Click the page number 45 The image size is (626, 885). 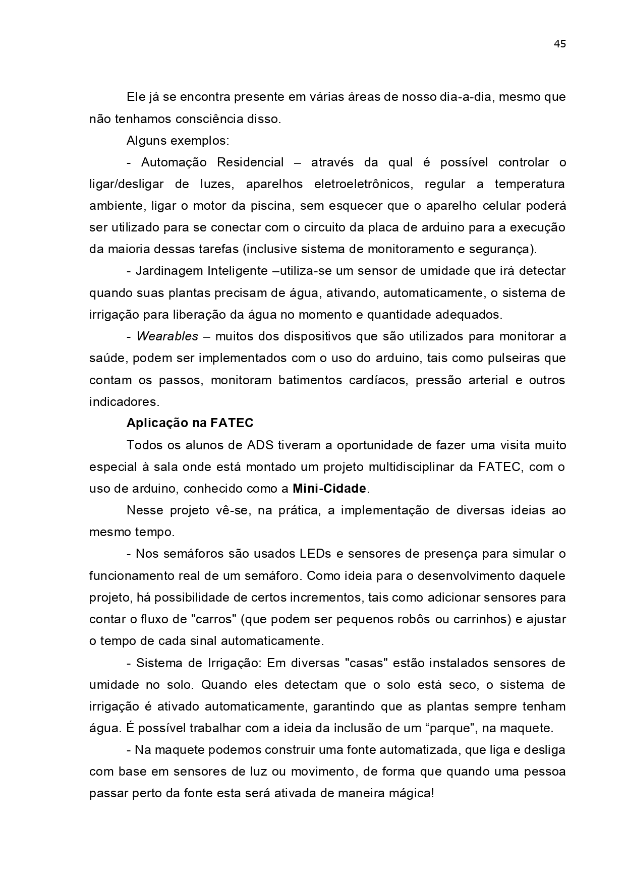coord(559,44)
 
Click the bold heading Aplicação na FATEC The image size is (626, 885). coord(190,423)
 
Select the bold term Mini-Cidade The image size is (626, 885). coord(329,489)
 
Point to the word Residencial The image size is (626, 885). coord(250,162)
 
